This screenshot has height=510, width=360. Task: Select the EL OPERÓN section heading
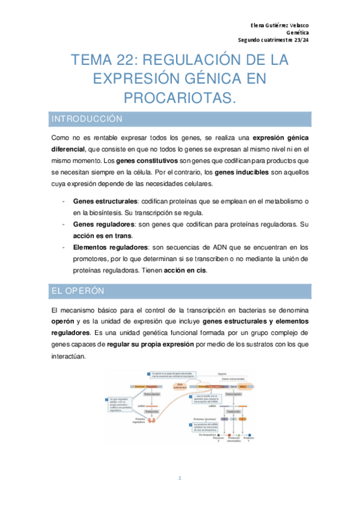[78, 291]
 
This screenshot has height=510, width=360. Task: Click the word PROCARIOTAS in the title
[180, 97]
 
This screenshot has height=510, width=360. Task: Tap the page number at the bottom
[180, 478]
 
